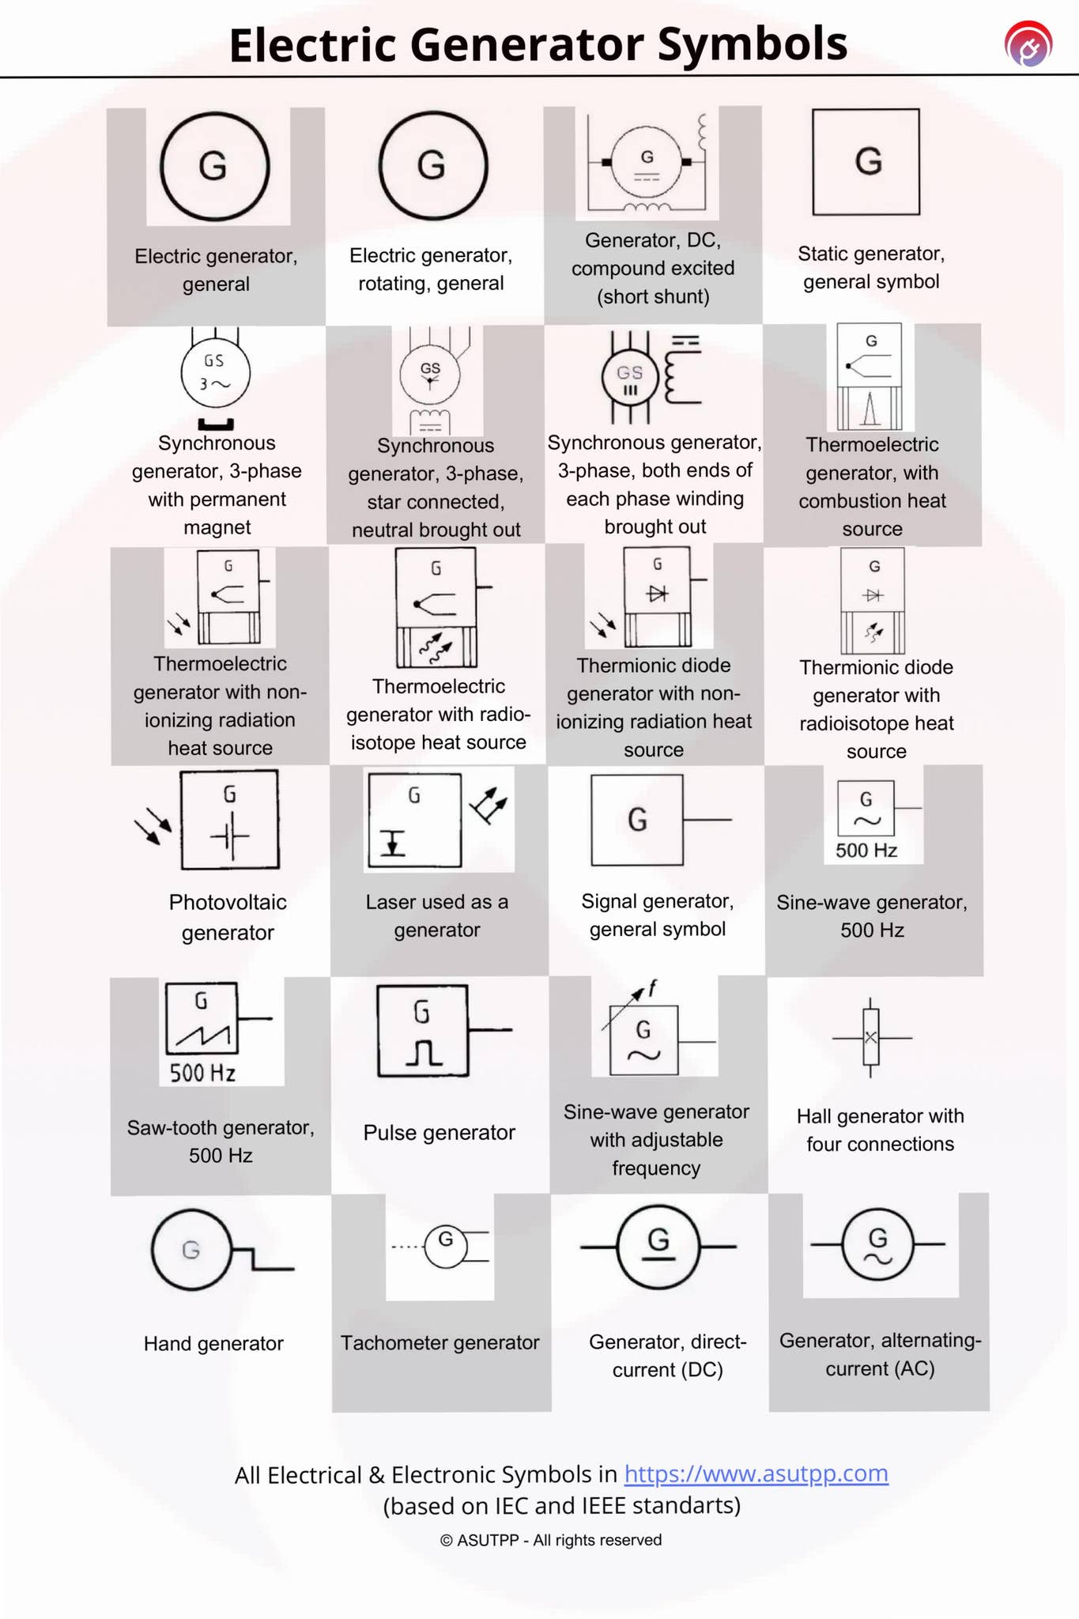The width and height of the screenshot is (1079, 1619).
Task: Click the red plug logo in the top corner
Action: pos(1028,44)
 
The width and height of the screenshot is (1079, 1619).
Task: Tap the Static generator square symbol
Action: pos(866,162)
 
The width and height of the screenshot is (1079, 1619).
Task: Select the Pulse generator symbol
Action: pos(423,1031)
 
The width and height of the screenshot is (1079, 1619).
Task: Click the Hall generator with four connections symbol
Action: pos(870,1037)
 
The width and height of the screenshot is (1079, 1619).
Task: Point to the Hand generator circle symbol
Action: pos(192,1250)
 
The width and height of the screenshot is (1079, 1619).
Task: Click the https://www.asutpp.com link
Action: pos(756,1474)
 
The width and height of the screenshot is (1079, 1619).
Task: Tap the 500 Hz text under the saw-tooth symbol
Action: pos(202,1073)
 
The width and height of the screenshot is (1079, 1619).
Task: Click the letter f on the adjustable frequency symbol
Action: pos(652,988)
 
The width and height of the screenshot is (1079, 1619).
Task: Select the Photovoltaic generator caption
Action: pos(228,917)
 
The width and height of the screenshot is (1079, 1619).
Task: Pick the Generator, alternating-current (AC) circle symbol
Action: pos(877,1245)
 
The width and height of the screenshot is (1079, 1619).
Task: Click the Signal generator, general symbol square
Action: pos(637,820)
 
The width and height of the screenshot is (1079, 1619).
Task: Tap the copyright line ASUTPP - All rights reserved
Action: pos(551,1540)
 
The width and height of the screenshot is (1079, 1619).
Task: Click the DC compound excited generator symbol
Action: pos(647,162)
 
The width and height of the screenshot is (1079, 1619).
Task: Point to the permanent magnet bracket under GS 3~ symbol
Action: pos(215,425)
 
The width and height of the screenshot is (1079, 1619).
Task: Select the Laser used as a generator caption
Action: pos(436,915)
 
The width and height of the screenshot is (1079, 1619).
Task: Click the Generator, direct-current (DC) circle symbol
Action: pos(658,1247)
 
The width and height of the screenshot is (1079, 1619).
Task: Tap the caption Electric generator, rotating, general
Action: pos(431,269)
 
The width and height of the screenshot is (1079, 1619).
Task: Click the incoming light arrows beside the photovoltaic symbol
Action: pos(153,828)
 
